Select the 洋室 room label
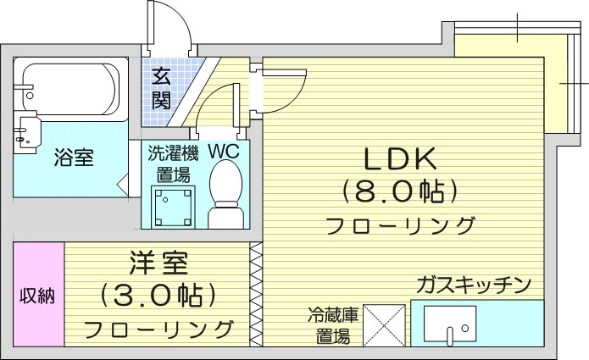click(158, 264)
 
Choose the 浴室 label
click(74, 157)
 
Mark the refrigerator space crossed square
click(384, 323)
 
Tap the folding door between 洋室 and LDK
click(255, 294)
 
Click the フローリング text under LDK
click(399, 226)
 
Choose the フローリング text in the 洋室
click(158, 328)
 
